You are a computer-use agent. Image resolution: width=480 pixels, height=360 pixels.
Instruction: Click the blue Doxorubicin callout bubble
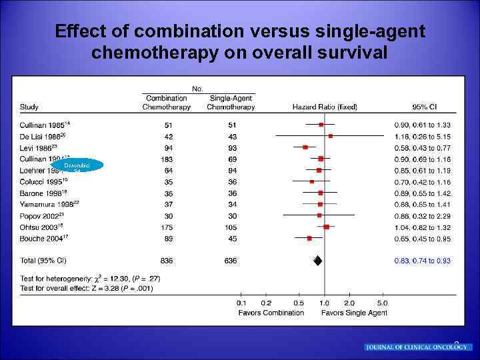(x=77, y=165)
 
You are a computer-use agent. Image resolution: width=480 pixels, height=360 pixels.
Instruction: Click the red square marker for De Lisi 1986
(x=330, y=135)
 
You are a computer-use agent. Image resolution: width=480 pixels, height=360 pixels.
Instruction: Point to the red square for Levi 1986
(x=305, y=147)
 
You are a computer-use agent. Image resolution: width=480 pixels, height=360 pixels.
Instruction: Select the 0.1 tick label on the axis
(x=241, y=303)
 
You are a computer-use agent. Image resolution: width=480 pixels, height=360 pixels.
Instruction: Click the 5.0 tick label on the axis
(x=382, y=303)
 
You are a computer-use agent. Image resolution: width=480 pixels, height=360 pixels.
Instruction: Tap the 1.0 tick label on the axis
(x=324, y=303)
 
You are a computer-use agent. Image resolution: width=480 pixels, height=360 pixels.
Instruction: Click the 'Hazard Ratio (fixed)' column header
(x=325, y=107)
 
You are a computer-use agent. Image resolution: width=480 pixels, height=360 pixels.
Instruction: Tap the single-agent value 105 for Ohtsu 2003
(x=231, y=227)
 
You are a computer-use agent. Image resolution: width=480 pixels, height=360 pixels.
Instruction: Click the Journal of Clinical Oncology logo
(x=418, y=347)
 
